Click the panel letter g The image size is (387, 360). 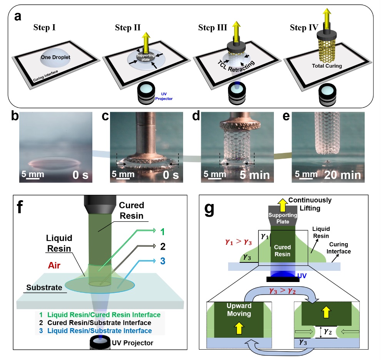click(x=210, y=209)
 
